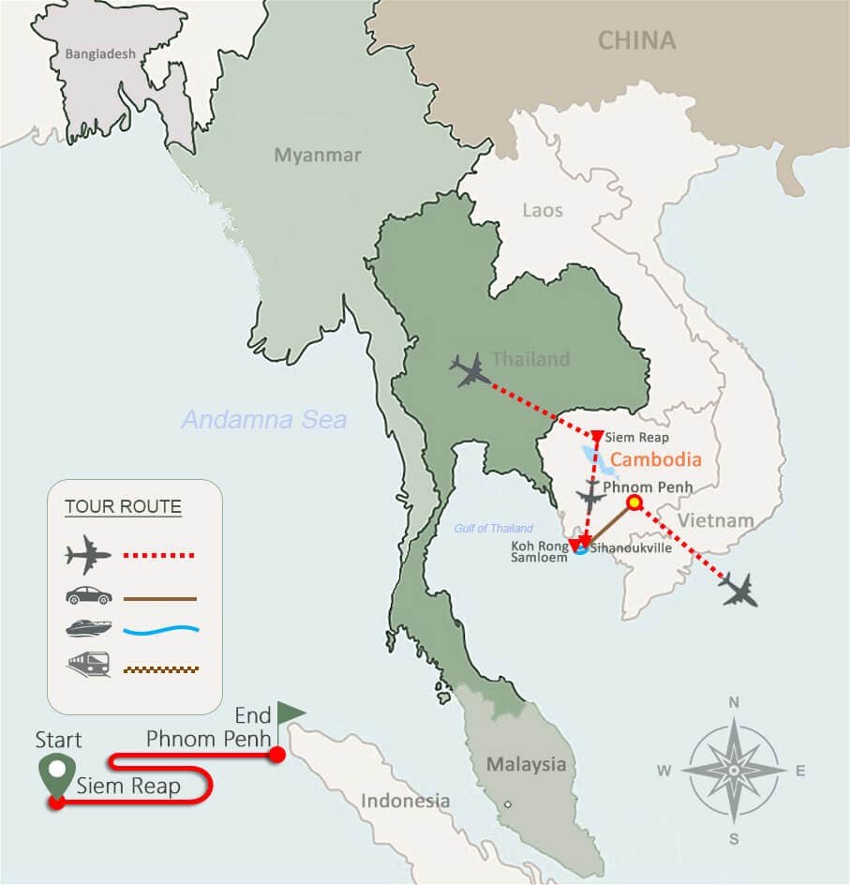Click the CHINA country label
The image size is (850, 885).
point(637,40)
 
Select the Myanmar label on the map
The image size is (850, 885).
point(318,156)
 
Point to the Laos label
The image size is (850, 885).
point(543,210)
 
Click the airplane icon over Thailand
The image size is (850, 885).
point(470,369)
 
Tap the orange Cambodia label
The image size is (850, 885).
point(655,460)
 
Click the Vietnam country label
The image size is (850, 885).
point(716,520)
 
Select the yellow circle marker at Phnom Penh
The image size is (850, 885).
point(634,503)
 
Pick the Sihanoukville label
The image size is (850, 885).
point(631,547)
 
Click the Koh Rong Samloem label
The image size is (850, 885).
point(538,551)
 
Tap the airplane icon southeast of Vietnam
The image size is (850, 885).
point(738,590)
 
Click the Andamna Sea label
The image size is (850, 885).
point(264,420)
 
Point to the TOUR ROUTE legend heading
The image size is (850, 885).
point(123,508)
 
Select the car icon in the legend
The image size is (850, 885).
point(89,596)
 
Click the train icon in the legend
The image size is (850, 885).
point(89,667)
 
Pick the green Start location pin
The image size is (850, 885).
point(57,772)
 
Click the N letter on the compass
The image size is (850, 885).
point(734,702)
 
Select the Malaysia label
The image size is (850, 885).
point(526,765)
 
